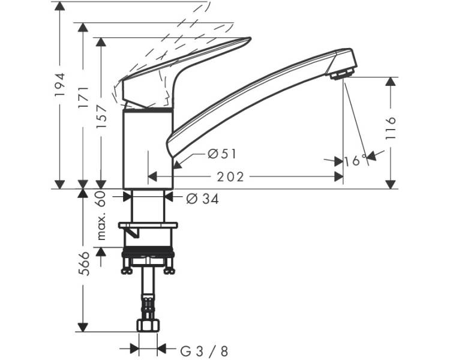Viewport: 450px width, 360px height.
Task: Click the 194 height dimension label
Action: tap(60, 85)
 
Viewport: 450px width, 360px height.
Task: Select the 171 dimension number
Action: tap(83, 97)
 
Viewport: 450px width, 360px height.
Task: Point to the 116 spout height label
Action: tap(391, 128)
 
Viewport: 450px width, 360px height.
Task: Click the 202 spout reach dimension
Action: tap(230, 177)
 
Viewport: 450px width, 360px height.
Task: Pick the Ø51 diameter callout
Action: tap(222, 154)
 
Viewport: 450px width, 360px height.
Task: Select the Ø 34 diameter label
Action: tap(202, 199)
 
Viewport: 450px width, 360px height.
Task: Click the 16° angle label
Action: tap(356, 161)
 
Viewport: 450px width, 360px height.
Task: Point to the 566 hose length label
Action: tap(84, 264)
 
